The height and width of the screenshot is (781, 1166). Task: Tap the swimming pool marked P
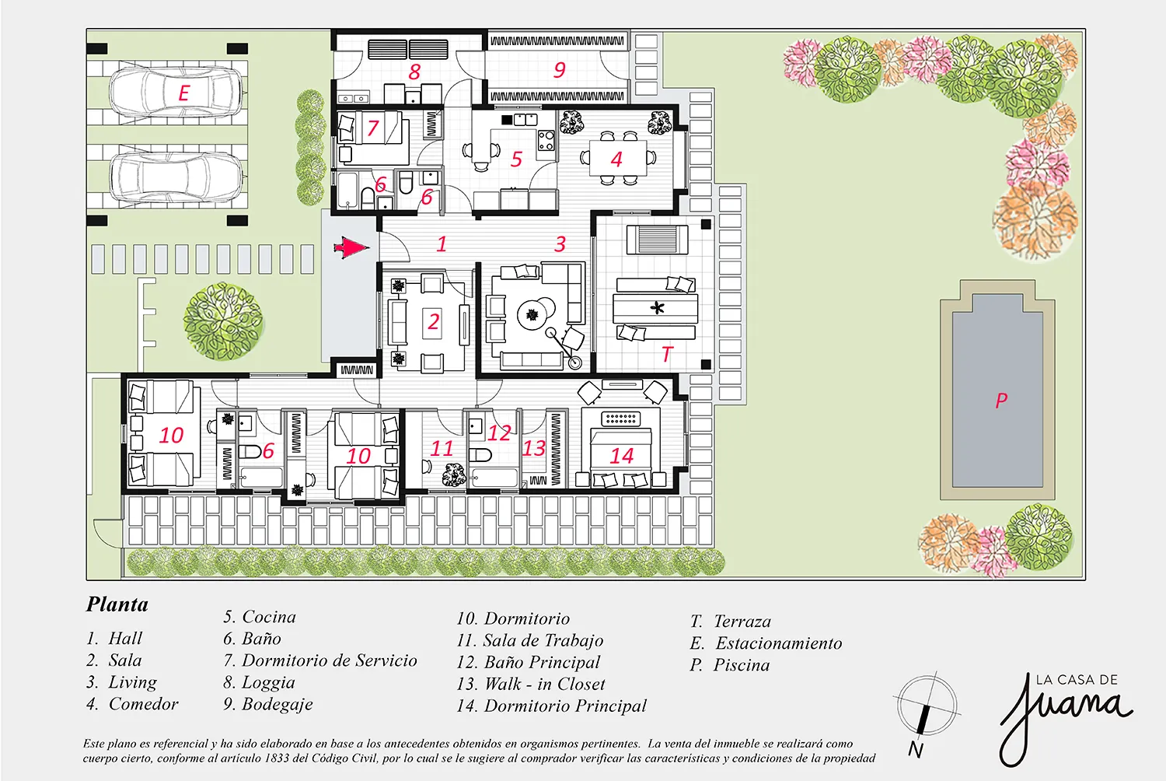click(x=997, y=390)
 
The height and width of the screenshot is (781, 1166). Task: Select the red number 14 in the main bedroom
click(x=622, y=456)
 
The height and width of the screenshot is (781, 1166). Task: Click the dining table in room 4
click(x=618, y=158)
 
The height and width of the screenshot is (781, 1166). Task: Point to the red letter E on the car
click(x=183, y=93)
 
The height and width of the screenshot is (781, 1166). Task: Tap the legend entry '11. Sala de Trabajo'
click(x=530, y=640)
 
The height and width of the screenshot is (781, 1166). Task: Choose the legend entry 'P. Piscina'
click(x=730, y=665)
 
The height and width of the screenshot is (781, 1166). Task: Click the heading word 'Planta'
click(x=117, y=604)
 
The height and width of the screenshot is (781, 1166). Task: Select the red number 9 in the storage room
click(x=560, y=69)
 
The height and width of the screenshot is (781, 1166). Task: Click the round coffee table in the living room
click(x=532, y=314)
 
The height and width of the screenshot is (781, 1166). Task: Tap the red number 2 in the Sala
click(x=433, y=321)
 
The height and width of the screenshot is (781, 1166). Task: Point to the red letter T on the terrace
click(x=667, y=354)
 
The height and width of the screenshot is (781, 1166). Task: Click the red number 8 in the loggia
click(x=414, y=72)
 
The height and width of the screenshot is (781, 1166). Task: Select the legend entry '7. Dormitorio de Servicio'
click(x=320, y=660)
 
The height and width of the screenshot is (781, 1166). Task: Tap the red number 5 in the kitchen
click(x=516, y=159)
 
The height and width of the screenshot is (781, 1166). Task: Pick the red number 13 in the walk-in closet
click(x=534, y=448)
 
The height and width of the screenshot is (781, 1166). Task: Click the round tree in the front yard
click(x=223, y=321)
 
